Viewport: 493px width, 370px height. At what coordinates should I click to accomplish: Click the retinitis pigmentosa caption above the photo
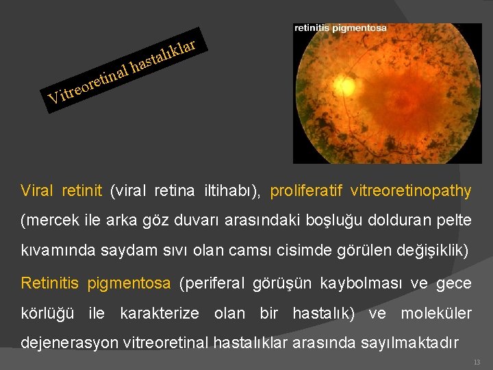tap(340, 28)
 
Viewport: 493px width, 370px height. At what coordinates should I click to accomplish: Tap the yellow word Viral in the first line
tap(37, 190)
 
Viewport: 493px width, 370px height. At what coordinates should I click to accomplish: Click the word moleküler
tap(436, 314)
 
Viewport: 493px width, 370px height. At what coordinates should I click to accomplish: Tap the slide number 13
tap(477, 362)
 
